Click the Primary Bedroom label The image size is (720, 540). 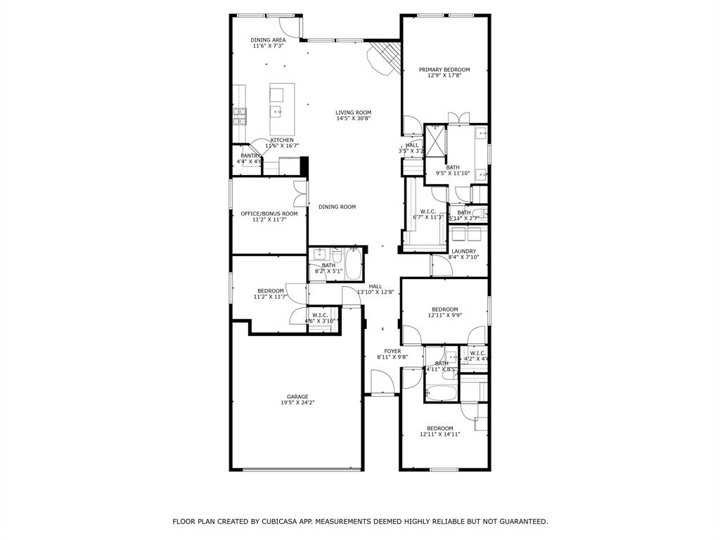coord(444,70)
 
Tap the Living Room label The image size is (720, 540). coord(353,112)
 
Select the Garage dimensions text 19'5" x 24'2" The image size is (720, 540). coord(297,403)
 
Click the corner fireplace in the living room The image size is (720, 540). coord(385,56)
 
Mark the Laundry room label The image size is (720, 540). coord(463,251)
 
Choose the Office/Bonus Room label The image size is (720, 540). coord(269,214)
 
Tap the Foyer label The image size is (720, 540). coord(392,351)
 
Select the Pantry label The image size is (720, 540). coord(250,155)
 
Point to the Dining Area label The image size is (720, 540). coord(268,40)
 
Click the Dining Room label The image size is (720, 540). coord(337,207)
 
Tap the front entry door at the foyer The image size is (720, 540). coord(382,384)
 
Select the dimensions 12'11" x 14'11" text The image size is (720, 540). coord(439,435)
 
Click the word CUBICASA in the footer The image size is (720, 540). coord(262,522)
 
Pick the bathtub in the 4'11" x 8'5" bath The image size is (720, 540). coord(442,392)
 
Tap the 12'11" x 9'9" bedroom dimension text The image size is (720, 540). coord(444,316)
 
